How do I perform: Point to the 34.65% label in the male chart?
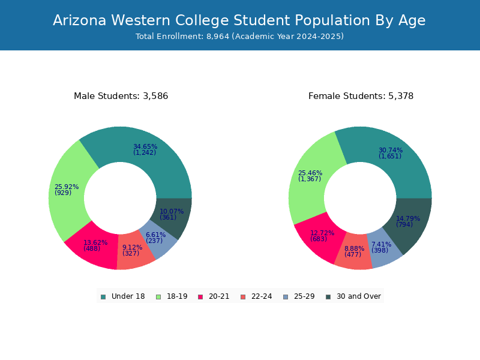(145, 146)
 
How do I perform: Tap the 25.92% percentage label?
(67, 187)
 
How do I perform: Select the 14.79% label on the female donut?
(408, 218)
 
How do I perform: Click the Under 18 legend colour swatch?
(103, 297)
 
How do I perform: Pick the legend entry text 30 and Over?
(359, 296)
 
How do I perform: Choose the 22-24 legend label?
(262, 296)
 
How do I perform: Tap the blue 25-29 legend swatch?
(286, 297)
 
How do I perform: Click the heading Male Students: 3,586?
(121, 96)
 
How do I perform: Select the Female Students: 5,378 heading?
(361, 96)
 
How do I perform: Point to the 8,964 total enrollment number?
(218, 37)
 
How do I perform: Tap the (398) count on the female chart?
(380, 250)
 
